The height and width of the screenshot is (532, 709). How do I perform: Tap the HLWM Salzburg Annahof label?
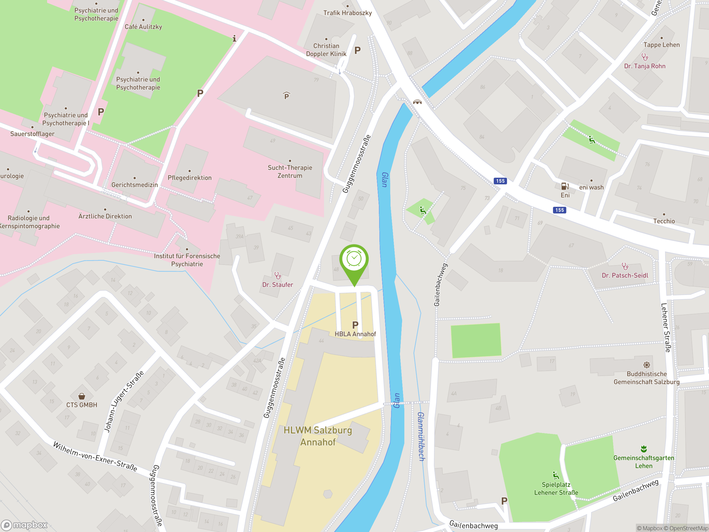[318, 436]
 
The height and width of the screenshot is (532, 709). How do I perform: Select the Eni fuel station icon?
[565, 186]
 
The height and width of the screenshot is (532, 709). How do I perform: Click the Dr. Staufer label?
[278, 285]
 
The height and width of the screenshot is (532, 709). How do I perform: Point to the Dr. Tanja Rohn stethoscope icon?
[644, 57]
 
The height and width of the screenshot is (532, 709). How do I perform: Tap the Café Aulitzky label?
[143, 27]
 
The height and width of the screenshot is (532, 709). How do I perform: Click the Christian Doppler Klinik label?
[326, 50]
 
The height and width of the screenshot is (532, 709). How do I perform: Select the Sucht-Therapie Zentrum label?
[290, 172]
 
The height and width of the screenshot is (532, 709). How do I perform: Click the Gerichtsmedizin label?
[135, 185]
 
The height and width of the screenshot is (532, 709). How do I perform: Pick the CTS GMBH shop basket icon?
[82, 396]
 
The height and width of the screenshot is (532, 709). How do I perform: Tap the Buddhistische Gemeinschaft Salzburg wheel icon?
[646, 365]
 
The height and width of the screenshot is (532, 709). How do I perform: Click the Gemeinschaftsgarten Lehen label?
[644, 462]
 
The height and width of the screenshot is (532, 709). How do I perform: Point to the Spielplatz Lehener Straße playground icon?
[556, 475]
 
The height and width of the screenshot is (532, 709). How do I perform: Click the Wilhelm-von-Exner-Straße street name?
[95, 457]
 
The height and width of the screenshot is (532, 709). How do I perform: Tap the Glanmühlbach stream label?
[421, 436]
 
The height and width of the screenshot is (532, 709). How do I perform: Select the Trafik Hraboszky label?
[348, 13]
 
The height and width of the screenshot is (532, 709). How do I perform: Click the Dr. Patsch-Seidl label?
[625, 275]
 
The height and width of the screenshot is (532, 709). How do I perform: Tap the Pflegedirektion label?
[189, 178]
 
